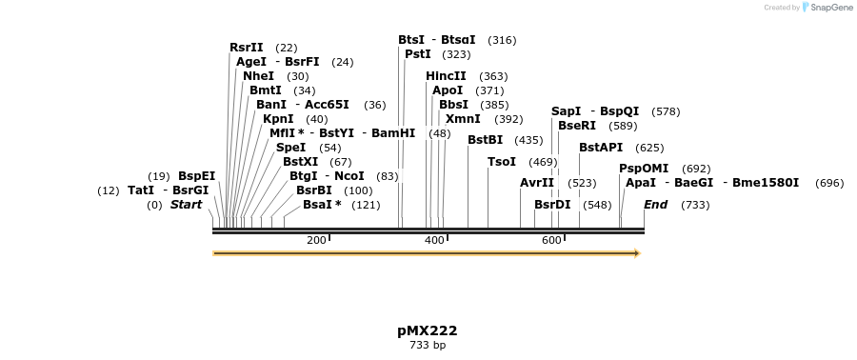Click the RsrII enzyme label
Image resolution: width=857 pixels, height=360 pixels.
click(246, 48)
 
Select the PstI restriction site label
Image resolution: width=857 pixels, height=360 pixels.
click(418, 54)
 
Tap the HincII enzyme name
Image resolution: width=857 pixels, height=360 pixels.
click(446, 76)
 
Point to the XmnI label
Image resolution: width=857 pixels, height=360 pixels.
click(463, 119)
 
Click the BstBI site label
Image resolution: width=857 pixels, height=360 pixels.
click(485, 140)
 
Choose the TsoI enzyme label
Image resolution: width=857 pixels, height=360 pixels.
click(502, 162)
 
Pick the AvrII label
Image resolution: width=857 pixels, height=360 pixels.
click(537, 183)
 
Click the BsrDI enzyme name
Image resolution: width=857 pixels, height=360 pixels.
click(552, 205)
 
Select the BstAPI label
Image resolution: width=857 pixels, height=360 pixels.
click(601, 148)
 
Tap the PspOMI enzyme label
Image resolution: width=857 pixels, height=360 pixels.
click(644, 169)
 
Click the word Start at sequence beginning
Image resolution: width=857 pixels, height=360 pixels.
click(186, 205)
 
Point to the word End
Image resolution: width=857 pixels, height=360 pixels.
click(655, 205)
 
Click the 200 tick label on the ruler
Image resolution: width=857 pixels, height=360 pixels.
click(317, 240)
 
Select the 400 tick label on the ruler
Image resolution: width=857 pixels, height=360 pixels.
click(434, 240)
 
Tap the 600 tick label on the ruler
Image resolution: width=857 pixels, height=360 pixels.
click(551, 240)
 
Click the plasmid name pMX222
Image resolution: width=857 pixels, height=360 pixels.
click(428, 331)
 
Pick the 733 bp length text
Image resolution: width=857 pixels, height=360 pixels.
click(428, 346)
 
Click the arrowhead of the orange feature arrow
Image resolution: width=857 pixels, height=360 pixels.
click(637, 253)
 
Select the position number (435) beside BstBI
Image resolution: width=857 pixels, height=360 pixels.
click(528, 141)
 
